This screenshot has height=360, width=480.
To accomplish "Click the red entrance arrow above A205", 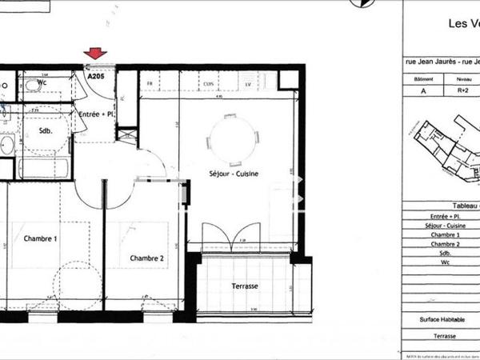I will (x=96, y=54).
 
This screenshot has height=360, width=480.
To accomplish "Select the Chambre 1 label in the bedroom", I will (x=40, y=238).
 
